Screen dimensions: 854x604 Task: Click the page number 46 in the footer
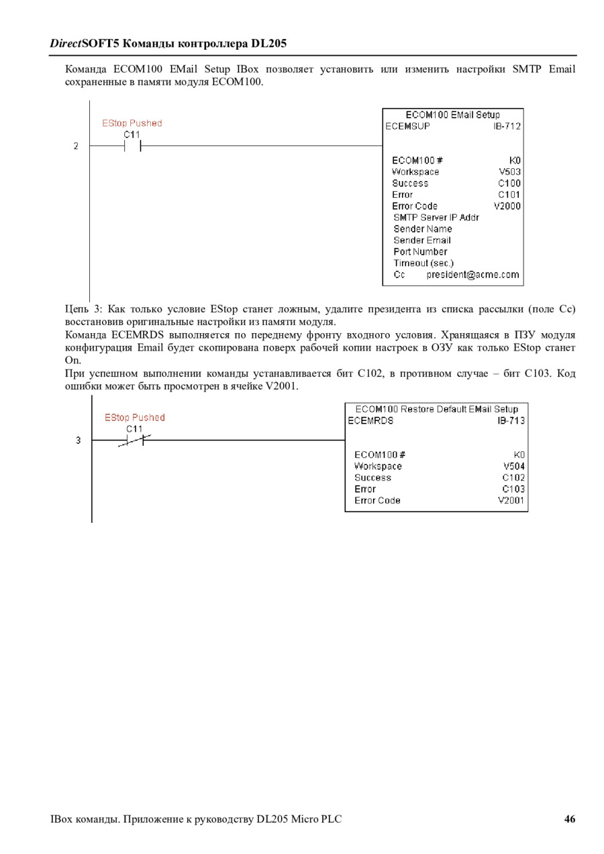click(x=570, y=818)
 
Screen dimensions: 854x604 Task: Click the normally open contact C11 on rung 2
click(x=132, y=146)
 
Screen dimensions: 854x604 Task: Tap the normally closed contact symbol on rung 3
click(x=134, y=440)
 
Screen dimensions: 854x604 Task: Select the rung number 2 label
click(x=77, y=146)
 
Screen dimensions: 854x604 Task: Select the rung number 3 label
click(x=78, y=440)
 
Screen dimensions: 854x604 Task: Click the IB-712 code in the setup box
click(x=507, y=126)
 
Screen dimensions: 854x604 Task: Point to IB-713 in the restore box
click(x=511, y=421)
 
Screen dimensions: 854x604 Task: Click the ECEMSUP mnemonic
click(x=408, y=126)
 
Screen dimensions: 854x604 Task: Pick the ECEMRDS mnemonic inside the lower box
click(x=371, y=421)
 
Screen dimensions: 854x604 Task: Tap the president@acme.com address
click(x=472, y=275)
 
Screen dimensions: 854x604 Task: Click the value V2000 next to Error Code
click(x=507, y=206)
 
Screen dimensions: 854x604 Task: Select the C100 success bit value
click(x=509, y=184)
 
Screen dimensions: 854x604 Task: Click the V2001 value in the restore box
click(x=511, y=501)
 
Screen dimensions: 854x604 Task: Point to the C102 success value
click(x=513, y=478)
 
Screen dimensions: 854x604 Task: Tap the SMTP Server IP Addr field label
click(x=436, y=218)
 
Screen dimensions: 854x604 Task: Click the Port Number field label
click(x=420, y=252)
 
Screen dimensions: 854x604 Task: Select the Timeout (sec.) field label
click(x=423, y=263)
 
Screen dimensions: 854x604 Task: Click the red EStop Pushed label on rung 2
click(x=132, y=123)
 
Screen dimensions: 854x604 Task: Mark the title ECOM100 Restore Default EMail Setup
click(x=437, y=409)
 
